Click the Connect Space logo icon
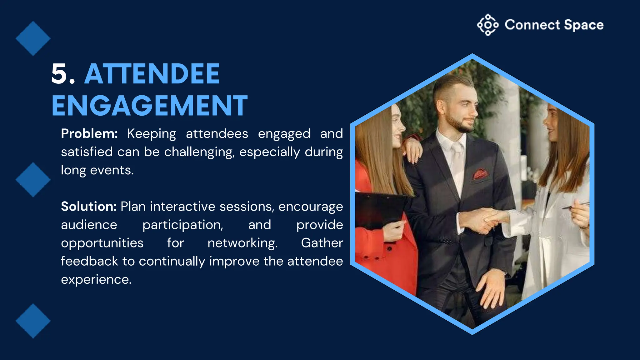(487, 25)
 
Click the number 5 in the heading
(61, 74)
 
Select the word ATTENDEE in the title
(152, 74)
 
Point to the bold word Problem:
(89, 134)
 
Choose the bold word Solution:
(89, 207)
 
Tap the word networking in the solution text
(242, 243)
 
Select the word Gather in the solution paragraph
(322, 243)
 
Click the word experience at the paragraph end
(96, 279)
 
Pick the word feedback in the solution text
(89, 261)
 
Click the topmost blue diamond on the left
(33, 38)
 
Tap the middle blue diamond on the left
(33, 180)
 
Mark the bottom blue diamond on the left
(33, 321)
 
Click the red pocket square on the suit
(480, 173)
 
